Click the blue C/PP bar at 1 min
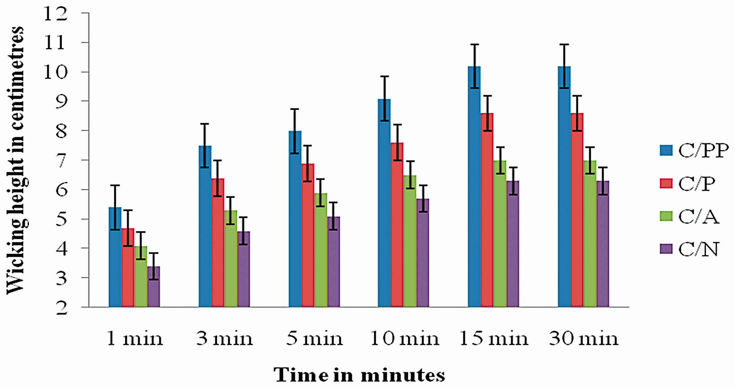point(115,257)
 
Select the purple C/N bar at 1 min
point(154,287)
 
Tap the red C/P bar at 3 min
point(218,243)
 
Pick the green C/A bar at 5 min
point(321,250)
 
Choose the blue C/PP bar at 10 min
point(384,203)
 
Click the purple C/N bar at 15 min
point(513,244)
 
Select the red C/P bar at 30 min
point(577,210)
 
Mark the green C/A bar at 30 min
point(590,234)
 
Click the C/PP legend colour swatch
point(666,150)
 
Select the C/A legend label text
point(699,217)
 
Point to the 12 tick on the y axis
point(85,13)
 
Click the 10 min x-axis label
point(405,339)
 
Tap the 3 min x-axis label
point(225,339)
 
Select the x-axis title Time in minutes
point(359,375)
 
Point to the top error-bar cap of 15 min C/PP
point(475,44)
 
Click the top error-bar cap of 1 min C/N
point(154,253)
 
